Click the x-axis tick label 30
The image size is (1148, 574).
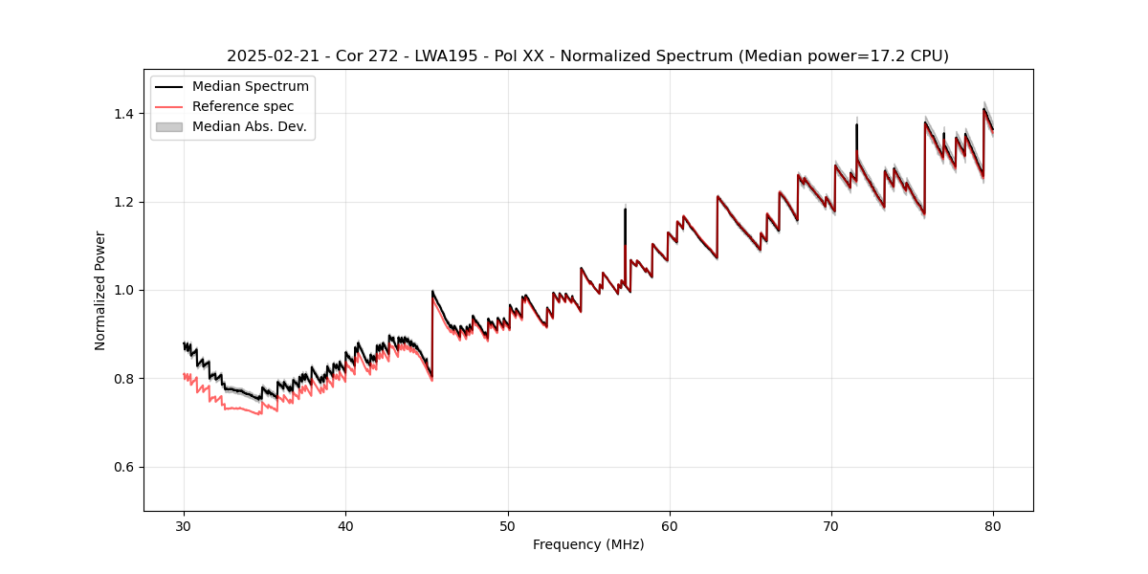184,525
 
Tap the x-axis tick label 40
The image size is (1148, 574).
345,525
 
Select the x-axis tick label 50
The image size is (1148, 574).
508,525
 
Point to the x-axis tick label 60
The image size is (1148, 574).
670,525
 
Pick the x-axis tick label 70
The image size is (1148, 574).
831,525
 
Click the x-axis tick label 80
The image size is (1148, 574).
993,525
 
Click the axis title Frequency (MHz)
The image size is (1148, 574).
588,544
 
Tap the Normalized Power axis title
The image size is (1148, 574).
100,290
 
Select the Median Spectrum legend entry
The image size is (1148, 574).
250,87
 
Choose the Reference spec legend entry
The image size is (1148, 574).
243,106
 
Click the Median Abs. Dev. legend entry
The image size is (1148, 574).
249,126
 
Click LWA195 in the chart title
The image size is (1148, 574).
447,56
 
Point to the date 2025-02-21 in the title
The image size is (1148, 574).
272,56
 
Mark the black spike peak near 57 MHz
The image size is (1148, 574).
625,210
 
